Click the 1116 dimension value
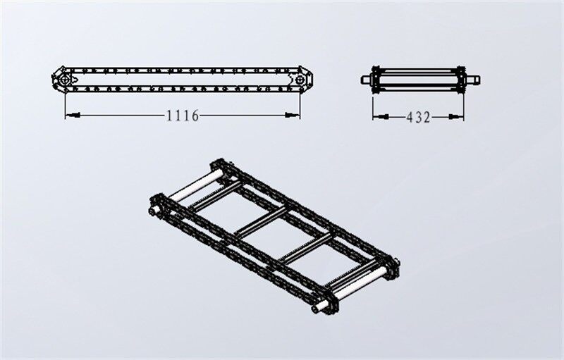(x=183, y=116)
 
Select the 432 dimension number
(x=418, y=117)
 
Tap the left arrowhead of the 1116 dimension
(x=69, y=115)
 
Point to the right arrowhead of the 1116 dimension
(x=296, y=115)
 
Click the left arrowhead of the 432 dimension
(x=376, y=116)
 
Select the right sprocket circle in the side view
(x=300, y=80)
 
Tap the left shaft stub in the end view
(x=366, y=79)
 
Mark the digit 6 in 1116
(x=195, y=116)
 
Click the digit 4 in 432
(x=410, y=117)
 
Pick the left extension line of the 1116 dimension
(x=65, y=102)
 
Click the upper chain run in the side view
(x=183, y=70)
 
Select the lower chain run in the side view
(x=183, y=90)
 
